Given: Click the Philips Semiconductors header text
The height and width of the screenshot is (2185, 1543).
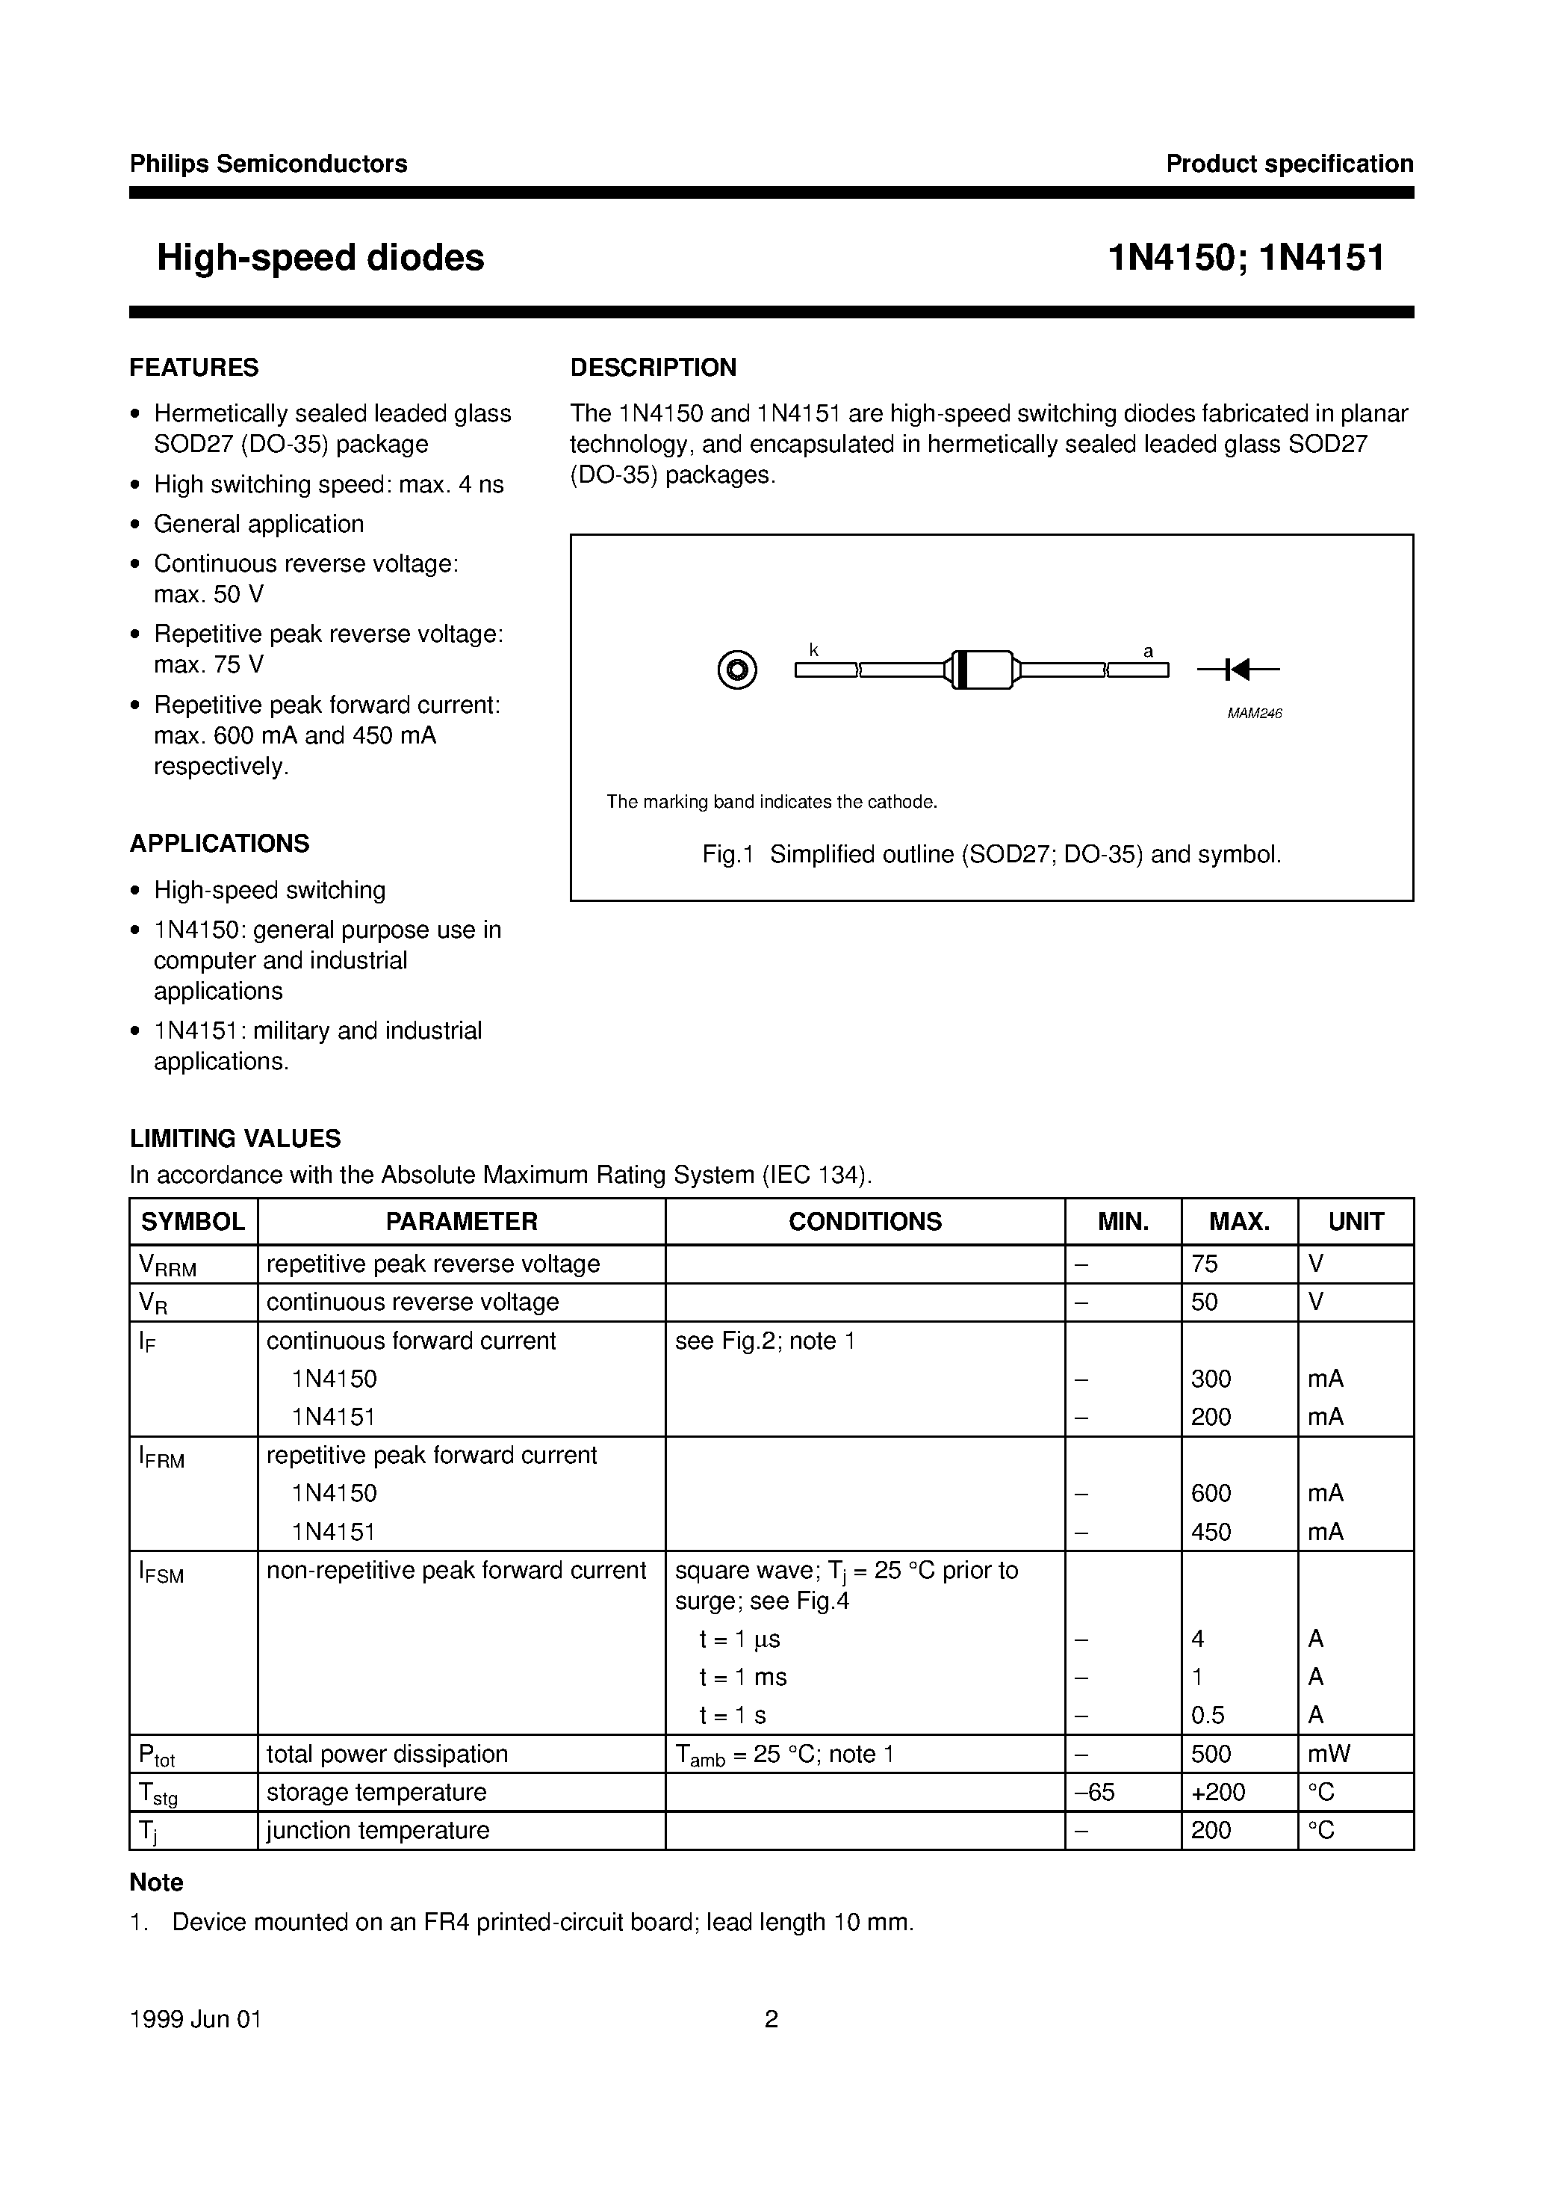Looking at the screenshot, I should (268, 164).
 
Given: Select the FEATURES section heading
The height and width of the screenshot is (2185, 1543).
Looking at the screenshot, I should (194, 368).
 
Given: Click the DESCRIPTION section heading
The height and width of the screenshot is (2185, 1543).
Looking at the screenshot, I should (653, 368).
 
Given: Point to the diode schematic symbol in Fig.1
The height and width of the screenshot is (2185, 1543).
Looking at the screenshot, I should (1237, 670).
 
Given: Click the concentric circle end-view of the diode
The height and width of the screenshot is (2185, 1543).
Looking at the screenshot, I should (737, 670).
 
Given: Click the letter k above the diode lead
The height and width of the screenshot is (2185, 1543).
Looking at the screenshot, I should (813, 650).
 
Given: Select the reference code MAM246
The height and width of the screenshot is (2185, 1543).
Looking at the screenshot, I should (1254, 714).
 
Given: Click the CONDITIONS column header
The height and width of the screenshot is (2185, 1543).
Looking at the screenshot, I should (865, 1221).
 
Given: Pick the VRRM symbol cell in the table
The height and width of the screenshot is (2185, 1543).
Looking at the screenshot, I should (167, 1265).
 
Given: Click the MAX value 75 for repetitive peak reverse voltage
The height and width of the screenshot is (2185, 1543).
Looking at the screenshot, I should (1205, 1264).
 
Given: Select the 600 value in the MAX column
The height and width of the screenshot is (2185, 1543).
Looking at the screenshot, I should (1211, 1493).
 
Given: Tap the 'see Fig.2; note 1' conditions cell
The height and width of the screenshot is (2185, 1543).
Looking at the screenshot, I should (765, 1341).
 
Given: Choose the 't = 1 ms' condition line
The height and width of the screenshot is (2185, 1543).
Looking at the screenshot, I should (743, 1677).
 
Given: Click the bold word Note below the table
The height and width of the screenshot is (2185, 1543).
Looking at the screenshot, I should (156, 1882).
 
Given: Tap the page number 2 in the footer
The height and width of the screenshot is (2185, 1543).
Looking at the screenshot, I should (771, 2019).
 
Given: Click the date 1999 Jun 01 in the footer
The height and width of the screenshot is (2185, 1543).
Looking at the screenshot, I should (195, 2019).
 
